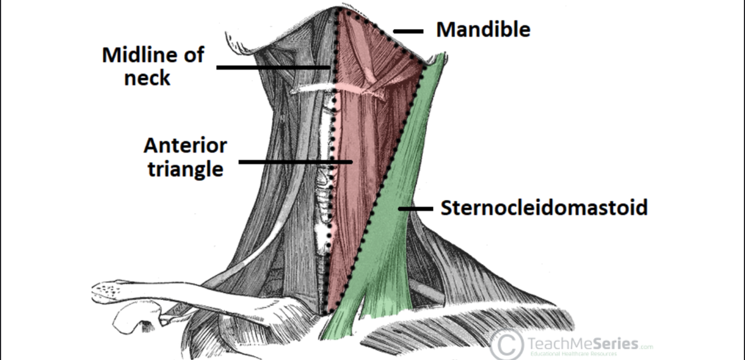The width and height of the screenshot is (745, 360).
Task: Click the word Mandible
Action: (x=483, y=29)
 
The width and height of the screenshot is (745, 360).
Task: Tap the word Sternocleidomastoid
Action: (x=544, y=208)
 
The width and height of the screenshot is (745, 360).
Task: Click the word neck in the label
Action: (x=147, y=78)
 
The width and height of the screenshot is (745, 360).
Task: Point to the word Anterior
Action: (x=185, y=146)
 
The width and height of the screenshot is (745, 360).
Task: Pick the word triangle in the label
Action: (x=185, y=169)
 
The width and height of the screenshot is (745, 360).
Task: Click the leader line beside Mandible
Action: (x=408, y=32)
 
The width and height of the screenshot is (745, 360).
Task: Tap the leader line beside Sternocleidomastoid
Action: (x=416, y=209)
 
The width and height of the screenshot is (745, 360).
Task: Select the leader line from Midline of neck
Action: (x=274, y=68)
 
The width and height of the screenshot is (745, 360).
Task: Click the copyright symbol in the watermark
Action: (x=506, y=345)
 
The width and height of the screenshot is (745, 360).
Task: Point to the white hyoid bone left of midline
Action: (x=313, y=88)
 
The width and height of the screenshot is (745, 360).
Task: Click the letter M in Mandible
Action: (x=445, y=29)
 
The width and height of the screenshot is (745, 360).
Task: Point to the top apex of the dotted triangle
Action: (x=338, y=9)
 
